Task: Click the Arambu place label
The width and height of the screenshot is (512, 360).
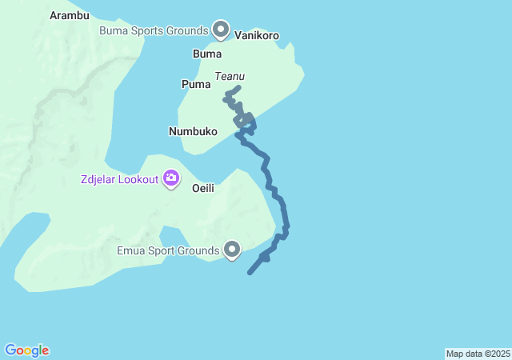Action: (x=70, y=15)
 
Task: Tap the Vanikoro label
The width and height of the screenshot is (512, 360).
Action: (x=257, y=35)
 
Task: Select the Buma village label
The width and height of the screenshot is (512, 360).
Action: (x=207, y=54)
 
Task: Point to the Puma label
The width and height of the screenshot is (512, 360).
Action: (x=196, y=83)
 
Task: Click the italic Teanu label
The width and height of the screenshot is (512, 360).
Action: (x=230, y=77)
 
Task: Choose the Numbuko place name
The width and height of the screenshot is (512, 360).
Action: (x=193, y=130)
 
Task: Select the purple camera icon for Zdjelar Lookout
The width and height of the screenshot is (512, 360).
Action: (x=171, y=178)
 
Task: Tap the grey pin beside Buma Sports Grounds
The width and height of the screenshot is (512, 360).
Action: (x=220, y=30)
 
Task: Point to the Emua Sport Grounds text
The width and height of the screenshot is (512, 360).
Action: (x=167, y=251)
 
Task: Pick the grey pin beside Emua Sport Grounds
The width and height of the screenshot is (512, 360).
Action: (x=233, y=250)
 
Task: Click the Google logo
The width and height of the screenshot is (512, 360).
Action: (x=27, y=350)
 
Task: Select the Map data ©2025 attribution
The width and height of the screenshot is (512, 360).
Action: (x=478, y=354)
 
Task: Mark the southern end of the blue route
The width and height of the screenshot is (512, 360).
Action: (x=250, y=273)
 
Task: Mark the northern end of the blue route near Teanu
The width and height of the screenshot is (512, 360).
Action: (x=238, y=87)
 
